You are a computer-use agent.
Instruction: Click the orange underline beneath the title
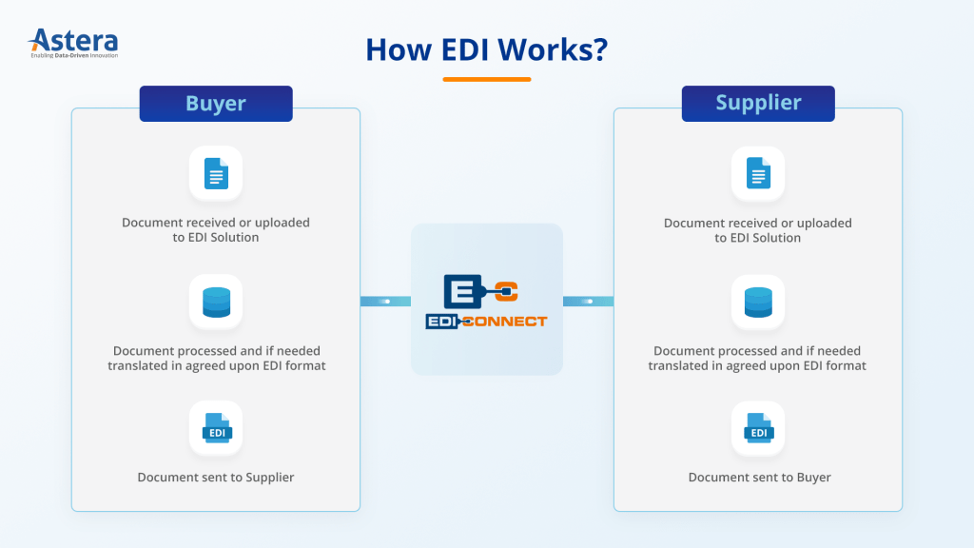point(486,79)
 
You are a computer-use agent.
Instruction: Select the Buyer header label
point(216,104)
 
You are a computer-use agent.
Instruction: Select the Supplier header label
point(758,104)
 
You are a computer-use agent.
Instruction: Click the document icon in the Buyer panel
point(216,173)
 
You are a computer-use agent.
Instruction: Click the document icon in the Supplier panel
point(758,173)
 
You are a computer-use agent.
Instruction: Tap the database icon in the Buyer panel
point(216,302)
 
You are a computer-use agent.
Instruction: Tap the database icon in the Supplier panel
point(758,302)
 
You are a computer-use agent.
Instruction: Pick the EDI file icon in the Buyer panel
point(216,429)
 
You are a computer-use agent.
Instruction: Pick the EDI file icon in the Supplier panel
point(758,429)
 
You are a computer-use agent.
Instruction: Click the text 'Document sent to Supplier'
point(216,477)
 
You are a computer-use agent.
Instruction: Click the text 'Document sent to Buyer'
point(759,477)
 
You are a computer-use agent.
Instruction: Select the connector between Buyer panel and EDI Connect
point(385,302)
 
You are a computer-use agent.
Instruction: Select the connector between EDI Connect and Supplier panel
point(588,302)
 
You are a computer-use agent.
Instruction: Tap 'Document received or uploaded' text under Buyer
point(216,223)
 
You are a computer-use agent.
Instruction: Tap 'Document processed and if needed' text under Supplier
point(757,351)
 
